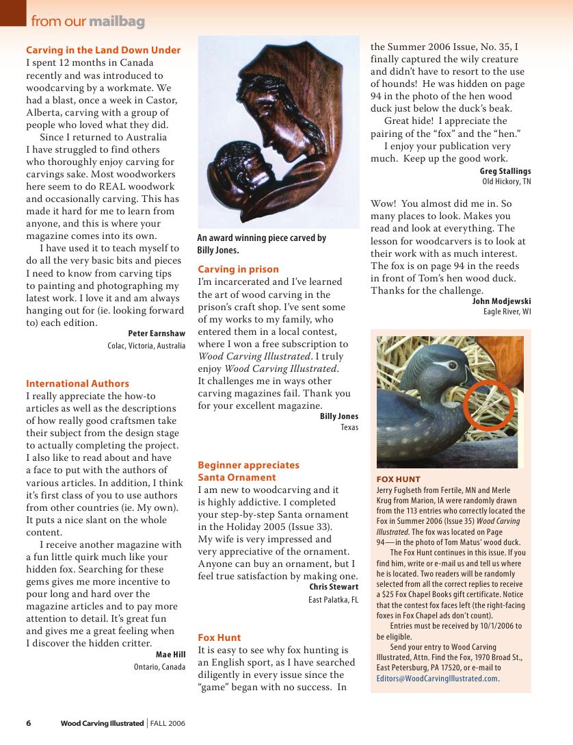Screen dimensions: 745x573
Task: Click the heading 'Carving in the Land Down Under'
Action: [x=103, y=50]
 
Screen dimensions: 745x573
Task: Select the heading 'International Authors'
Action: [x=77, y=383]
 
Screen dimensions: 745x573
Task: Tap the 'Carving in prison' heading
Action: [x=238, y=269]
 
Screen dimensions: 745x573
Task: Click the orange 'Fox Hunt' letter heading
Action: [x=219, y=637]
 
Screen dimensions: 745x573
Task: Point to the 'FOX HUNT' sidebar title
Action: [x=399, y=479]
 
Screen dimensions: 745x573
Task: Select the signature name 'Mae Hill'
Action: [x=170, y=655]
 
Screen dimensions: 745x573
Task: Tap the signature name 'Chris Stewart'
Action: [x=334, y=587]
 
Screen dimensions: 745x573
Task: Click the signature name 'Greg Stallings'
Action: [x=505, y=171]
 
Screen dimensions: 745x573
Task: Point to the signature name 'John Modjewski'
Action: [x=501, y=301]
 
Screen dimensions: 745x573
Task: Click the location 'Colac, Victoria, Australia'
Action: [x=146, y=346]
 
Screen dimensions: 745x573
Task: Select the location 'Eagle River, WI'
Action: [x=507, y=312]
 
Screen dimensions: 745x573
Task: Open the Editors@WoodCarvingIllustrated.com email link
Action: [x=438, y=679]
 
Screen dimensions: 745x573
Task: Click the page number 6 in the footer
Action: [x=29, y=723]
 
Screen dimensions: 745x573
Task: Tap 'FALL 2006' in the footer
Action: [x=168, y=723]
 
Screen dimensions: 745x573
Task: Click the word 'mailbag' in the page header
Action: [x=116, y=22]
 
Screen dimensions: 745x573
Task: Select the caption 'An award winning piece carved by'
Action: [x=261, y=238]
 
